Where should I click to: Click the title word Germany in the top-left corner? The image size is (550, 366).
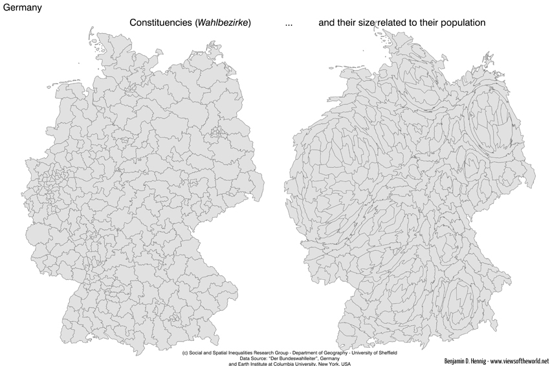(x=23, y=8)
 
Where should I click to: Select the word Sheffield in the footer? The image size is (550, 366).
(x=385, y=353)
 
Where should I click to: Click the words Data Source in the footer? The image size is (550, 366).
(x=254, y=358)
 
